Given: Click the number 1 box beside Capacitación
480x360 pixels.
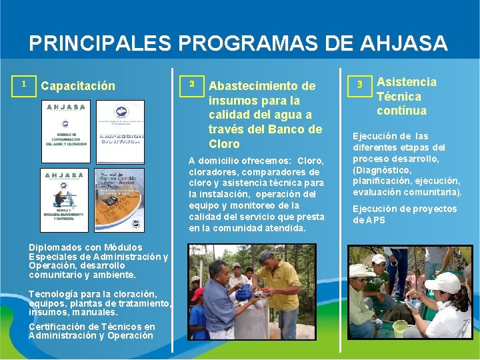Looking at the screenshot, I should pyautogui.click(x=24, y=84).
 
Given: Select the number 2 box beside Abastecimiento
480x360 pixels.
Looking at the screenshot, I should pyautogui.click(x=191, y=84).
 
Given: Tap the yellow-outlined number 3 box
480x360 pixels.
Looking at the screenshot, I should pyautogui.click(x=359, y=84).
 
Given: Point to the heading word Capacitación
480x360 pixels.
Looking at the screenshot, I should pyautogui.click(x=78, y=86).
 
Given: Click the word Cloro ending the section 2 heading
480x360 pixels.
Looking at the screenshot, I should pyautogui.click(x=224, y=143).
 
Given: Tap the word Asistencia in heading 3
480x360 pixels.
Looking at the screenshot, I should pyautogui.click(x=407, y=82).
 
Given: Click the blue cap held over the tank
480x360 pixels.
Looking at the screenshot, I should pyautogui.click(x=245, y=293).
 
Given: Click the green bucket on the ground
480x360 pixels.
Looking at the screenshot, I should pyautogui.click(x=400, y=328).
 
